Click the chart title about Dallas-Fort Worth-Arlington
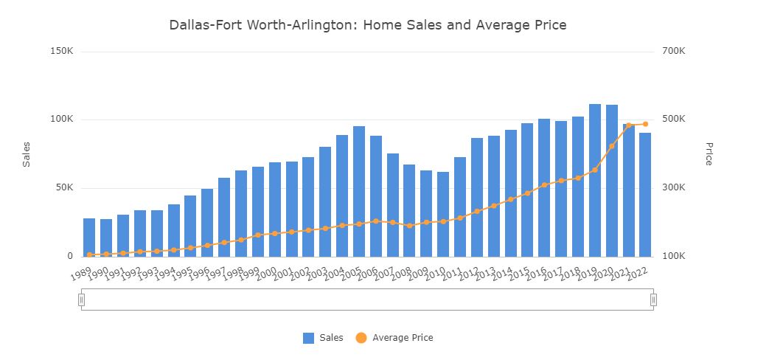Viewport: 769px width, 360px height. [x=367, y=25]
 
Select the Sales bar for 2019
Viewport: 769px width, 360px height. [x=595, y=181]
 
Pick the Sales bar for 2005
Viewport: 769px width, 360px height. [x=359, y=192]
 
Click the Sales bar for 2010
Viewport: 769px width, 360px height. [x=443, y=214]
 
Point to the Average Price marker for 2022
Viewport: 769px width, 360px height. [x=645, y=124]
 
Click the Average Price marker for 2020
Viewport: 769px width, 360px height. [x=612, y=146]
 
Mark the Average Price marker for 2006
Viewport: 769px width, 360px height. [x=376, y=221]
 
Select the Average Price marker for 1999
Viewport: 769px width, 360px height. [x=258, y=235]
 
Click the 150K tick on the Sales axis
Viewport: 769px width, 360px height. [x=61, y=51]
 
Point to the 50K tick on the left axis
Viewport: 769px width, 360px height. [x=63, y=187]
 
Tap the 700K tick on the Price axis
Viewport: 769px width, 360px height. [x=673, y=51]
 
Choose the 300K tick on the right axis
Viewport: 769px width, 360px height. [x=673, y=187]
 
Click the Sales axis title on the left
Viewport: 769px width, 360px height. [x=27, y=154]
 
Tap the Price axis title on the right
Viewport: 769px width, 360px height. [x=709, y=153]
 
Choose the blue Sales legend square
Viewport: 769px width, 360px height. [x=308, y=338]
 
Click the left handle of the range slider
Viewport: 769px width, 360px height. [x=82, y=300]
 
